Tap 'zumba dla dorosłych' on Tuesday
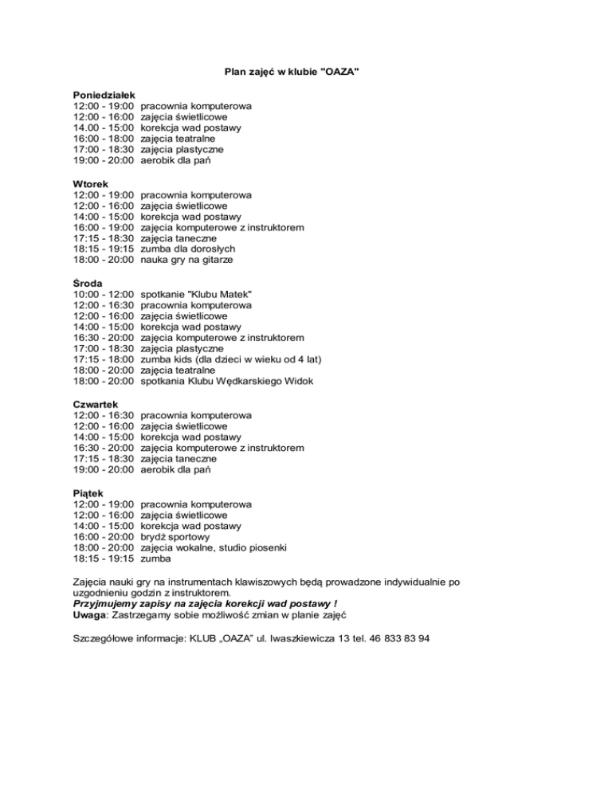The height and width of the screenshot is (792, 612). (187, 249)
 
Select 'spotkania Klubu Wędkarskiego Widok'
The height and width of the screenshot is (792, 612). (226, 382)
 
